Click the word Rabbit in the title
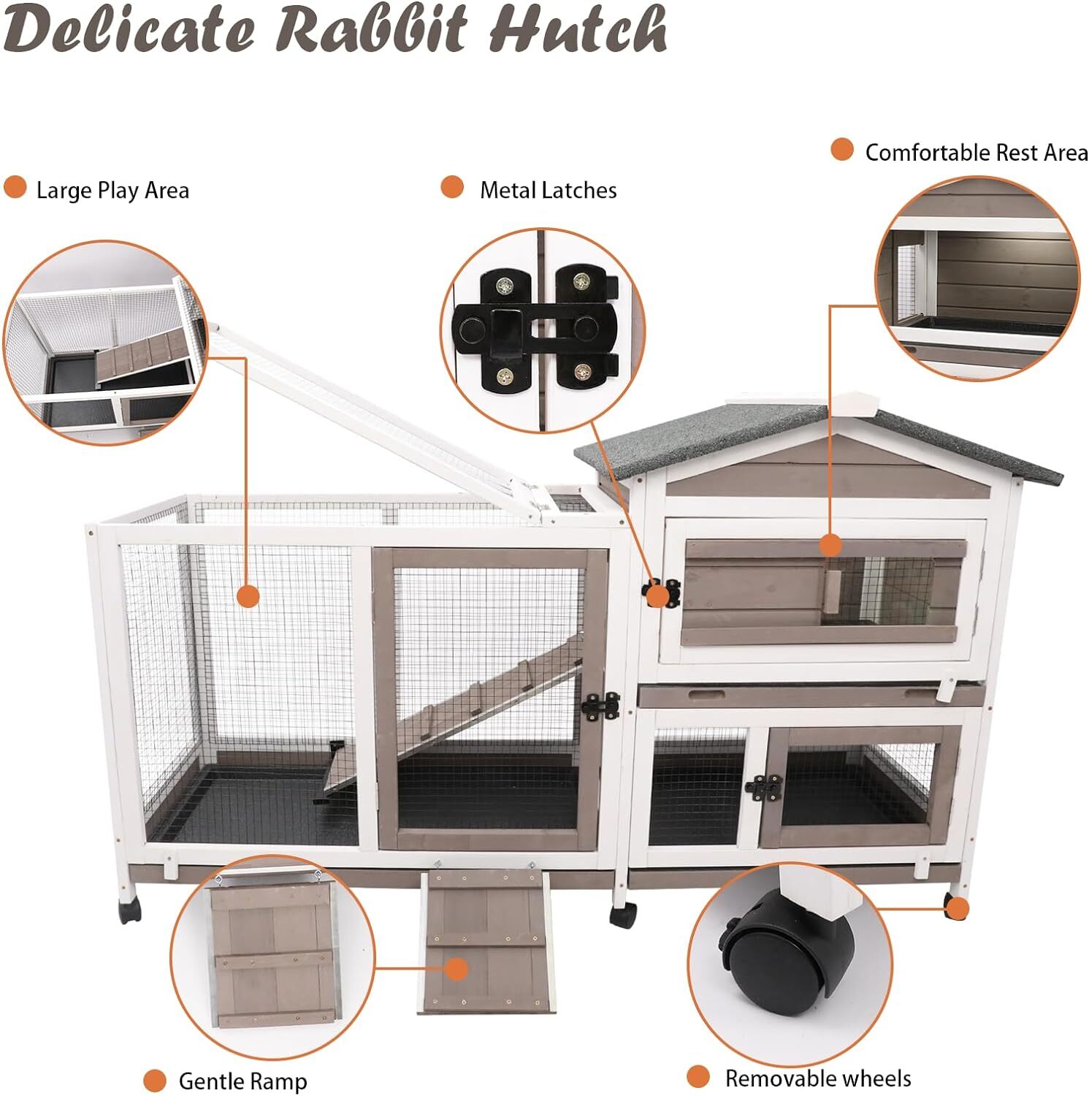click(371, 29)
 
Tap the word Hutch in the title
click(577, 29)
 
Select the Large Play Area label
click(112, 191)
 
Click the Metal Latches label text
click(548, 191)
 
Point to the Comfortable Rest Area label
click(976, 153)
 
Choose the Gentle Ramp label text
click(242, 1081)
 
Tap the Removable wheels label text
click(817, 1078)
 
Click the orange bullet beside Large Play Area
click(15, 188)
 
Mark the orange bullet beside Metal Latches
click(452, 188)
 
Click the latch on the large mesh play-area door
click(600, 707)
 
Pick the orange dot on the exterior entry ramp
click(456, 970)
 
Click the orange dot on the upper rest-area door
click(830, 544)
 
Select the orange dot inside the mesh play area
click(248, 596)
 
